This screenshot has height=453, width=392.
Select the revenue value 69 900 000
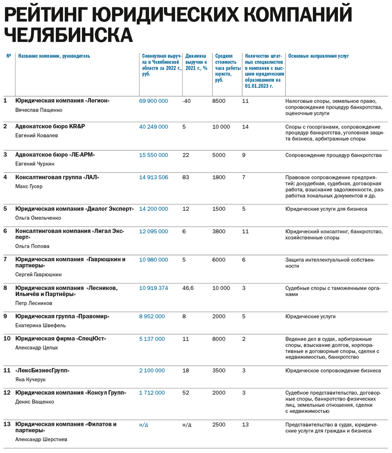pos(154,101)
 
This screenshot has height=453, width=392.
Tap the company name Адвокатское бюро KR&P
pos(50,127)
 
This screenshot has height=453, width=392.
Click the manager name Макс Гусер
pos(29,187)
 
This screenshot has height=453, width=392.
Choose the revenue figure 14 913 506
pos(154,178)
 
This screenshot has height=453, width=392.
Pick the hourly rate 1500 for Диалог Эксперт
pos(219,209)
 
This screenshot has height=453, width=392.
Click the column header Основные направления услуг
pos(318,56)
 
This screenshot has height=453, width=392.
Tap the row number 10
pos(7,339)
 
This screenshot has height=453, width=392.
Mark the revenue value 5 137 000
pos(152,339)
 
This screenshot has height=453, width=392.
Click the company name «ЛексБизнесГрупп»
pos(42,371)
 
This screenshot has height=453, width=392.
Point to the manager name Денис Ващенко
pos(34,402)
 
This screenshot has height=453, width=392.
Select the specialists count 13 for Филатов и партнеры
pos(245,425)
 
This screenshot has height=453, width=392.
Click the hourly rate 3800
pos(219,232)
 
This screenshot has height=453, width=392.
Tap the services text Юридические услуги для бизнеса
pos(326,209)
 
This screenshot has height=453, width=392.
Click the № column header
pos(9,56)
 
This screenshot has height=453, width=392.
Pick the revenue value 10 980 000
pos(154,260)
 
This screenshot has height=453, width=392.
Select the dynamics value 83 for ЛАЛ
pos(186,178)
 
